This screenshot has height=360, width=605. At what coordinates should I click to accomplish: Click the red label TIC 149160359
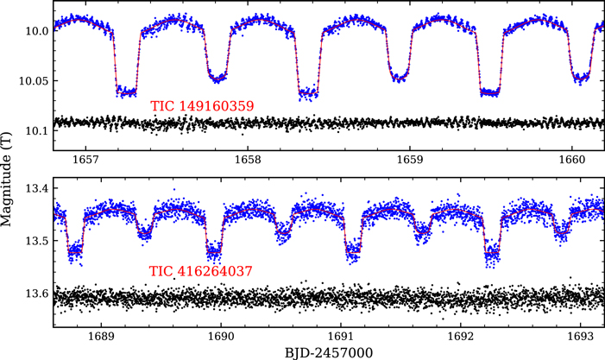[202, 107]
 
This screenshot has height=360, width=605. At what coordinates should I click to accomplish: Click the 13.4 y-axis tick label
[36, 188]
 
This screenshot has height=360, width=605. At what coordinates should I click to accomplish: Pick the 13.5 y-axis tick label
[36, 241]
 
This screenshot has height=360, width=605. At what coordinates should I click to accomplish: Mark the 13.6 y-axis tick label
[36, 294]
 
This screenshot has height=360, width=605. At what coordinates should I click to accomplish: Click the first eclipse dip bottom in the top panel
[126, 91]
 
